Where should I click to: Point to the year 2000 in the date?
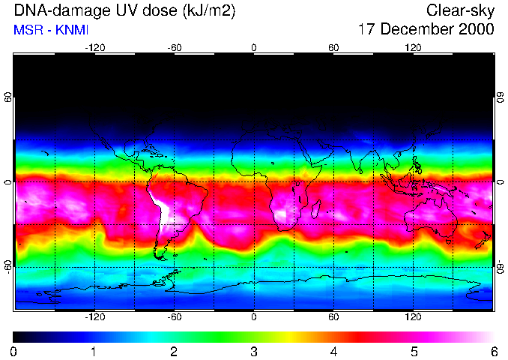pos(477,29)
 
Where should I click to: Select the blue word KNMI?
pos(68,30)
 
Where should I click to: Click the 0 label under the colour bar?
pos(14,351)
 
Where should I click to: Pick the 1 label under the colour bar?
pos(94,351)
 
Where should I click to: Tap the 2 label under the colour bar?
pos(174,351)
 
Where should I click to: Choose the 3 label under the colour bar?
pos(254,351)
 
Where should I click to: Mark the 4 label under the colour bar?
pos(333,351)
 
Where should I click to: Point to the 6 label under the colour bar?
pos(492,351)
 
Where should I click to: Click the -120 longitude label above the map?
pos(94,48)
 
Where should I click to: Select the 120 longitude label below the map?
pos(413,316)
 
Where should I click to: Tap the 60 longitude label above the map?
pos(333,48)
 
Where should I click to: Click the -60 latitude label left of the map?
pos(7,266)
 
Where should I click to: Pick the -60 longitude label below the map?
pos(174,316)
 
